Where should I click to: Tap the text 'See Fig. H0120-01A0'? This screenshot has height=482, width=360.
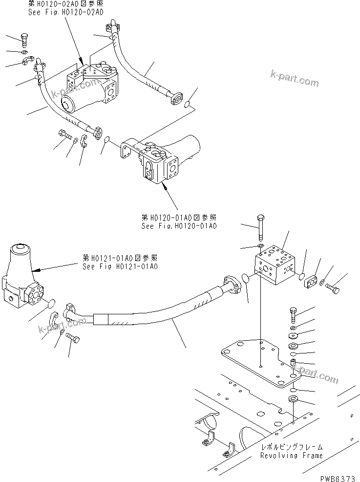(x=179, y=226)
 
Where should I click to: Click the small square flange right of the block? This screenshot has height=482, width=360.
(x=311, y=282)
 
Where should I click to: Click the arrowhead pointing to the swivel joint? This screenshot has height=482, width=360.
(x=34, y=269)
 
